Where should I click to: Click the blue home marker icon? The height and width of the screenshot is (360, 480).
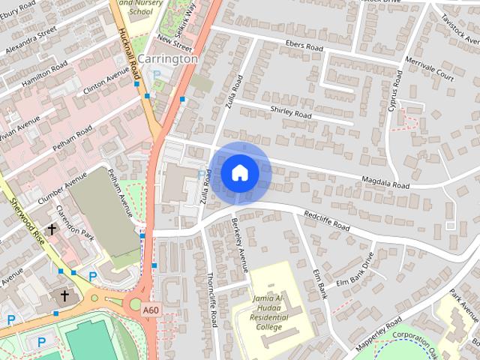pos(239,172)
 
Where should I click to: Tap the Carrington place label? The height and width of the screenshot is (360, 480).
pos(169,58)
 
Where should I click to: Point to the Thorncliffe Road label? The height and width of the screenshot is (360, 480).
pos(212,299)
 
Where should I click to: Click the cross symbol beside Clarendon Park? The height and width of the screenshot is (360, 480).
pos(53,228)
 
